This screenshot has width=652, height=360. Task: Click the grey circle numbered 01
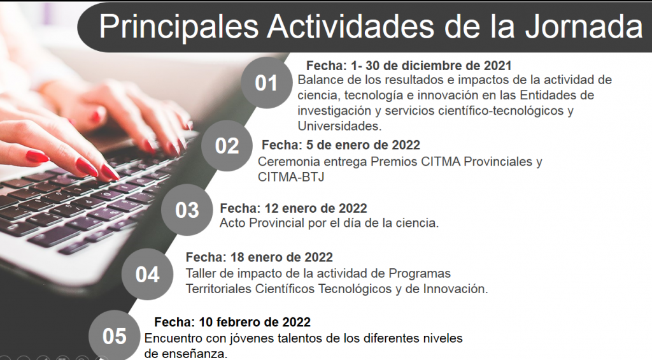click(x=267, y=83)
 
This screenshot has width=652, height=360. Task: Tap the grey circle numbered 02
click(x=227, y=146)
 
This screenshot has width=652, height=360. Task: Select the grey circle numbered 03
click(x=187, y=210)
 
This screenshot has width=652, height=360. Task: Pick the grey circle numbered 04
click(x=147, y=274)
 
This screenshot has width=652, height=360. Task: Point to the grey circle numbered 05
click(x=115, y=336)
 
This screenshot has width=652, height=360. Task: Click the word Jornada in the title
click(x=583, y=27)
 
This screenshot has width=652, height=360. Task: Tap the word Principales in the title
click(x=179, y=27)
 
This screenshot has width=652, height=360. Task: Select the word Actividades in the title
click(x=351, y=27)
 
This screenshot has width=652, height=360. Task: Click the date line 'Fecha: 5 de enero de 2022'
click(x=341, y=145)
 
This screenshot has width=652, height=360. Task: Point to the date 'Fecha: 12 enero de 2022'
click(x=293, y=208)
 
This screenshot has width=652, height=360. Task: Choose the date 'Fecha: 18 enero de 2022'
click(x=259, y=257)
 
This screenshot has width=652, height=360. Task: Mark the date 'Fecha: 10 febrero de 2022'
click(x=232, y=322)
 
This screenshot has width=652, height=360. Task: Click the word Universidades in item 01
click(x=340, y=126)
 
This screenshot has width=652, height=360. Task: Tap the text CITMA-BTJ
click(x=290, y=177)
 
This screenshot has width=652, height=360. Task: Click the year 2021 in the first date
click(x=497, y=66)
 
